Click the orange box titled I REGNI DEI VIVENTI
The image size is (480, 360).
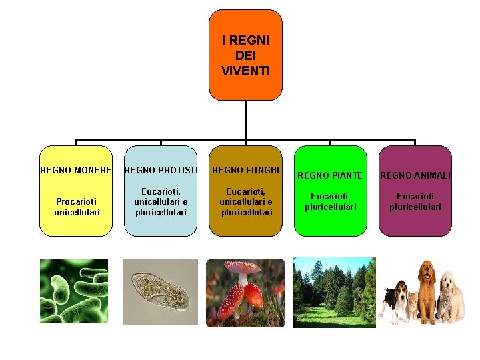pos(245,55)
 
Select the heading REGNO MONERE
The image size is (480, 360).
pos(75,170)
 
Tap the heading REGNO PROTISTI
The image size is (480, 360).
pos(161,170)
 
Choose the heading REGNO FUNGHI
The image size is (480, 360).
pos(245,170)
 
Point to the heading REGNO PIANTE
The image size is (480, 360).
pos(330,175)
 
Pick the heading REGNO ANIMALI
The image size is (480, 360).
pos(415,175)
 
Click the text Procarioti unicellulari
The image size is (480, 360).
pos(75,206)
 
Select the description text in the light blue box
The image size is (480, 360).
pos(161,201)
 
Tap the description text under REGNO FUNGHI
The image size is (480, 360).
pos(245,201)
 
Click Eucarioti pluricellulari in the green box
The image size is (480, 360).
pos(330,201)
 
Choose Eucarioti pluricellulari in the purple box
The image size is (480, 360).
pos(415,201)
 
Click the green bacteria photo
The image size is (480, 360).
pos(73,291)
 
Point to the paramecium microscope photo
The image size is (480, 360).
pos(160,291)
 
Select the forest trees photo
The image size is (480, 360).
pos(334,291)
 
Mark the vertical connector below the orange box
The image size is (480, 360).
pos(245,120)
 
